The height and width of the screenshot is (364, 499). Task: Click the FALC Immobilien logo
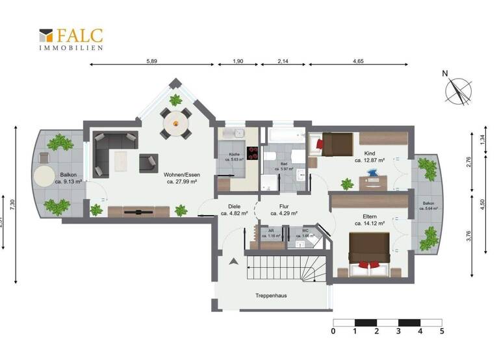(71, 38)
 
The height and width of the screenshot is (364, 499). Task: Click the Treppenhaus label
(271, 295)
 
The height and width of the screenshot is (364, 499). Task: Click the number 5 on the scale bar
(442, 331)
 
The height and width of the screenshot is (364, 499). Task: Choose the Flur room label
(283, 209)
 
